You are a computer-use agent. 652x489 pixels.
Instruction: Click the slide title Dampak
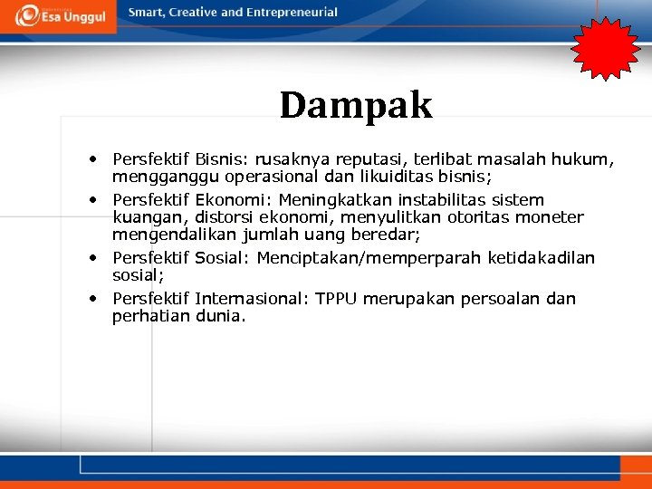click(x=356, y=105)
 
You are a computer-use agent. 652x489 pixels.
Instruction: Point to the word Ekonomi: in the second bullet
click(x=235, y=200)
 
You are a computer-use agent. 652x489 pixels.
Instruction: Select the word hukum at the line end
click(x=588, y=159)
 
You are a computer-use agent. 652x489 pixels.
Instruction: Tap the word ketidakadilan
click(x=542, y=259)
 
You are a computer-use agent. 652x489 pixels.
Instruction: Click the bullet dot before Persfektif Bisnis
click(x=93, y=159)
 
